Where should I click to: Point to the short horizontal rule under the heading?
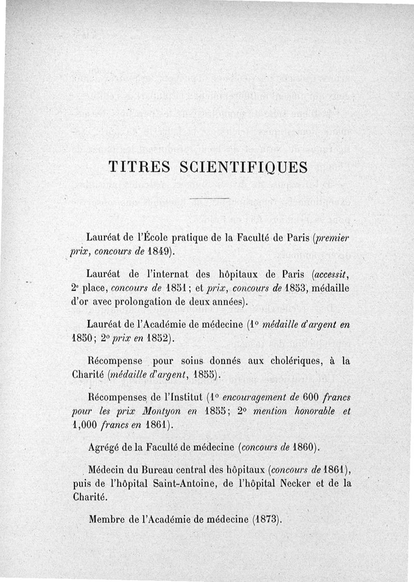click(209, 199)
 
